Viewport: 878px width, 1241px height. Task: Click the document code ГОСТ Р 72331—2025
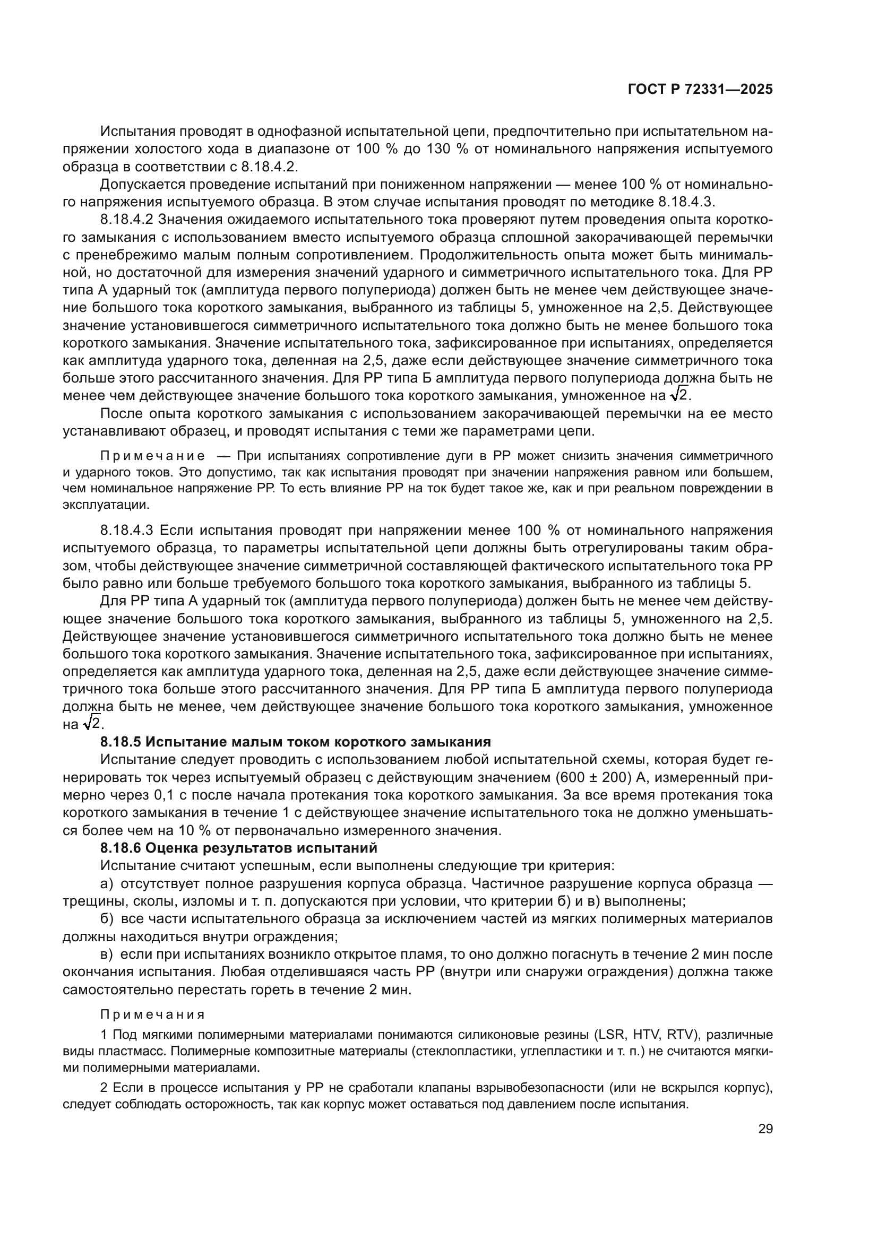pos(700,90)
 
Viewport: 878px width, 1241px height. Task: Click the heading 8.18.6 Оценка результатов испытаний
pos(238,847)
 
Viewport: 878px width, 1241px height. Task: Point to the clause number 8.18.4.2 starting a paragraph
pos(127,220)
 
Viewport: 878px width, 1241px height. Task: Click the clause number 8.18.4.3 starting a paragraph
pos(127,530)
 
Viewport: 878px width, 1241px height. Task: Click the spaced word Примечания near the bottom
pos(152,1014)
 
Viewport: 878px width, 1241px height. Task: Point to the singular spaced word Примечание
pos(152,456)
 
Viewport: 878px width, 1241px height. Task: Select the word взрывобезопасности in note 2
pos(543,1088)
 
